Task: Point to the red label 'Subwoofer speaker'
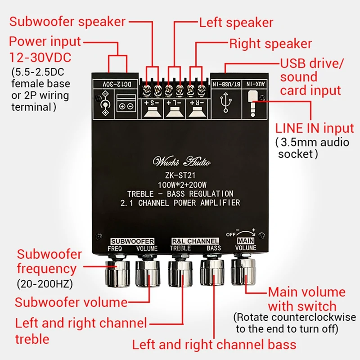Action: (67, 21)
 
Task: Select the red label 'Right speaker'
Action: (270, 44)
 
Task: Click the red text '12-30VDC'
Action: (40, 58)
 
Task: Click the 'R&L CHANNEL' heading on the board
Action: (195, 241)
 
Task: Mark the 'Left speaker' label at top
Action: (236, 22)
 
